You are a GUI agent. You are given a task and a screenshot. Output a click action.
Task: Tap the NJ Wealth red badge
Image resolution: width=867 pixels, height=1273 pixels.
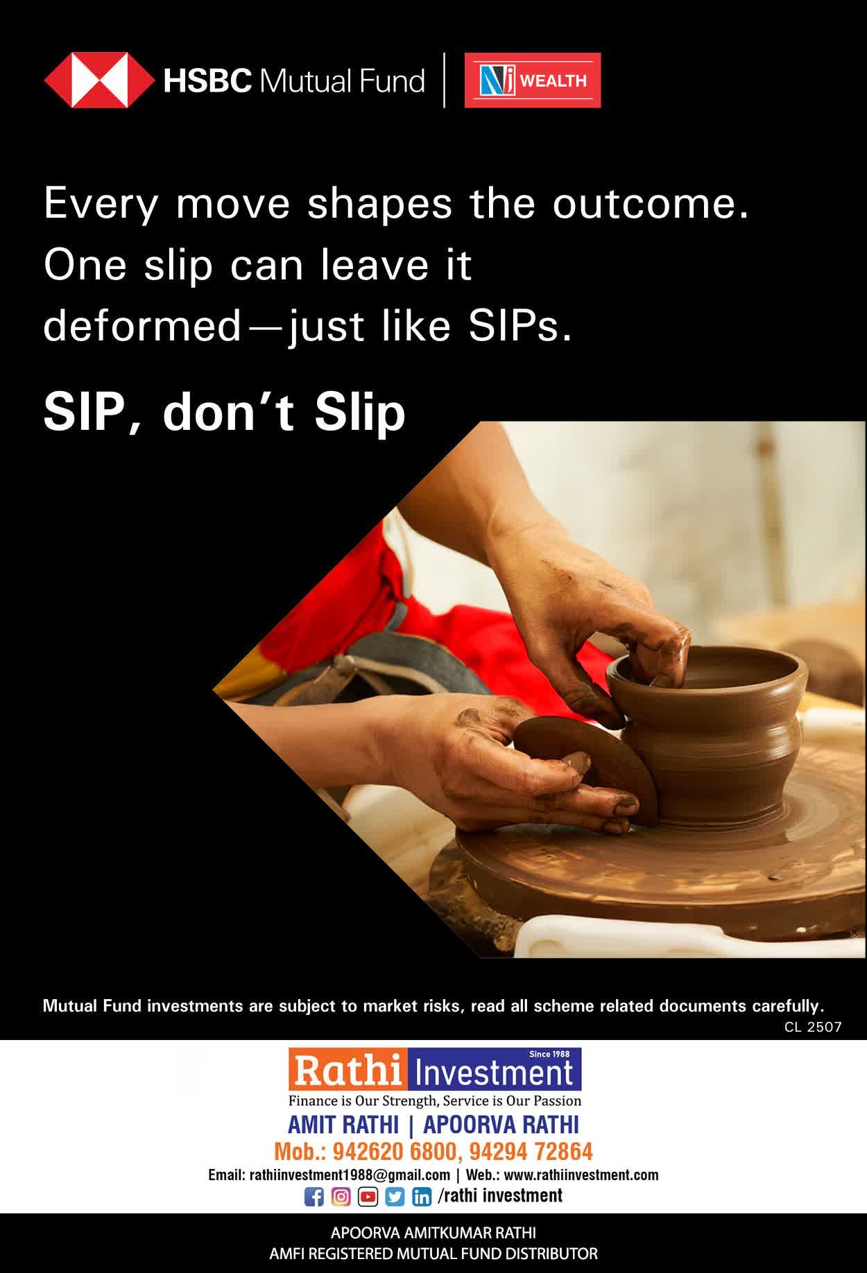pos(533,80)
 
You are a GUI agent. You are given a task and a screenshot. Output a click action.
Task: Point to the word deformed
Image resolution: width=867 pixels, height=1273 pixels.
pos(141,326)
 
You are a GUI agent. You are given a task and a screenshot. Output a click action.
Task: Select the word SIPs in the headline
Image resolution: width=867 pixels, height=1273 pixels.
pos(520,326)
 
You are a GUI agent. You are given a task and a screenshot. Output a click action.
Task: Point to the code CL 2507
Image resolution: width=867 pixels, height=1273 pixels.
pos(813,1027)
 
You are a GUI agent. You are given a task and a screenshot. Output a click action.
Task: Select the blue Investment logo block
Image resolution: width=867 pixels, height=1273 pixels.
pos(495,1070)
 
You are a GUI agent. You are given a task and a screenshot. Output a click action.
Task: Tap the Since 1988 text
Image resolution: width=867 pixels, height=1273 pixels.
pos(549,1054)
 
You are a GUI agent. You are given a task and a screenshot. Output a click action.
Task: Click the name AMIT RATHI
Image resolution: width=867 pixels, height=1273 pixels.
pos(343,1124)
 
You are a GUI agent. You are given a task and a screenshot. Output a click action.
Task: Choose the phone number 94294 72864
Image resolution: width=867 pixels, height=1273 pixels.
pos(531,1152)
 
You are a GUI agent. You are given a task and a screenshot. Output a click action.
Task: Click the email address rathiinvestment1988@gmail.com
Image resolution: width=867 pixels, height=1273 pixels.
pos(350,1175)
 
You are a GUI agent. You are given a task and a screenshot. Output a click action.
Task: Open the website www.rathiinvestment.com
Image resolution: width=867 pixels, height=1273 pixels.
pos(581,1175)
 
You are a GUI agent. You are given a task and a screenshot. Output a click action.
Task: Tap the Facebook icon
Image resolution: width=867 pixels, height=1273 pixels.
pos(314,1197)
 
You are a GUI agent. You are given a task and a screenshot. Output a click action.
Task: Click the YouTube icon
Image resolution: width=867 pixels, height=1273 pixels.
pos(368,1197)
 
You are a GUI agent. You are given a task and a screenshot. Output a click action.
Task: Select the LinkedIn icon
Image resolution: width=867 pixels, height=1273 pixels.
pos(422,1197)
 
